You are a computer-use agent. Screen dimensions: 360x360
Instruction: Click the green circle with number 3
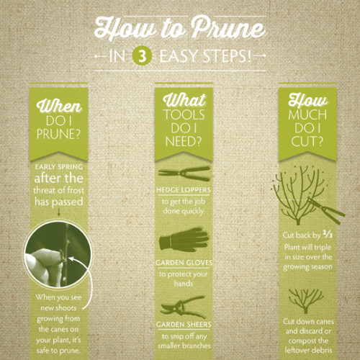(x=142, y=57)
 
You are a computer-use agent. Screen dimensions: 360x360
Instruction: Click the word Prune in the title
(x=228, y=28)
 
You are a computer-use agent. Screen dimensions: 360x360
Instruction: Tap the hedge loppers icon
(x=184, y=174)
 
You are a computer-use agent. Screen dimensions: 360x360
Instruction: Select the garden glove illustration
(x=184, y=240)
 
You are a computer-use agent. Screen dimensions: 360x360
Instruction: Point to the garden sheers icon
(x=184, y=307)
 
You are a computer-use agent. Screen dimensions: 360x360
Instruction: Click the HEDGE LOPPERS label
(x=184, y=190)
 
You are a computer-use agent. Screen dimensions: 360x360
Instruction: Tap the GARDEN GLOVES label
(x=184, y=263)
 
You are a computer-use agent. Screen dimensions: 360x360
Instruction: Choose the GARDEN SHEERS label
(x=184, y=324)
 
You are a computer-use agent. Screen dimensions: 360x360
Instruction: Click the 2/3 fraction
(x=328, y=234)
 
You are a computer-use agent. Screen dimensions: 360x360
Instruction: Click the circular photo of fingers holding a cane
(x=58, y=253)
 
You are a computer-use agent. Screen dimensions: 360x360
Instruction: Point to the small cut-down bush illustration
(x=305, y=301)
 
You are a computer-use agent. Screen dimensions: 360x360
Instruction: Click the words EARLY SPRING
(x=58, y=167)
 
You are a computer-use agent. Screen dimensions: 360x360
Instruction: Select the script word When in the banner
(x=59, y=106)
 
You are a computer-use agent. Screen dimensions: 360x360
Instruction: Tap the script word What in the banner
(x=184, y=100)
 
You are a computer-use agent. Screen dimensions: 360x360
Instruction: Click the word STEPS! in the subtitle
(x=228, y=56)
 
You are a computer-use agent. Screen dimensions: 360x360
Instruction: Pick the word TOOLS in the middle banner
(x=184, y=114)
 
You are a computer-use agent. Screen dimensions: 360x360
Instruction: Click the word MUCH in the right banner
(x=307, y=114)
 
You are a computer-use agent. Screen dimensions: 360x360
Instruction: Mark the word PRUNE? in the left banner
(x=58, y=134)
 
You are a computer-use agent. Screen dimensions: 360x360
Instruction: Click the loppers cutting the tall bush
(x=326, y=210)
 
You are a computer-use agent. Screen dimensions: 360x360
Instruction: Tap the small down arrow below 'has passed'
(x=58, y=212)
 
